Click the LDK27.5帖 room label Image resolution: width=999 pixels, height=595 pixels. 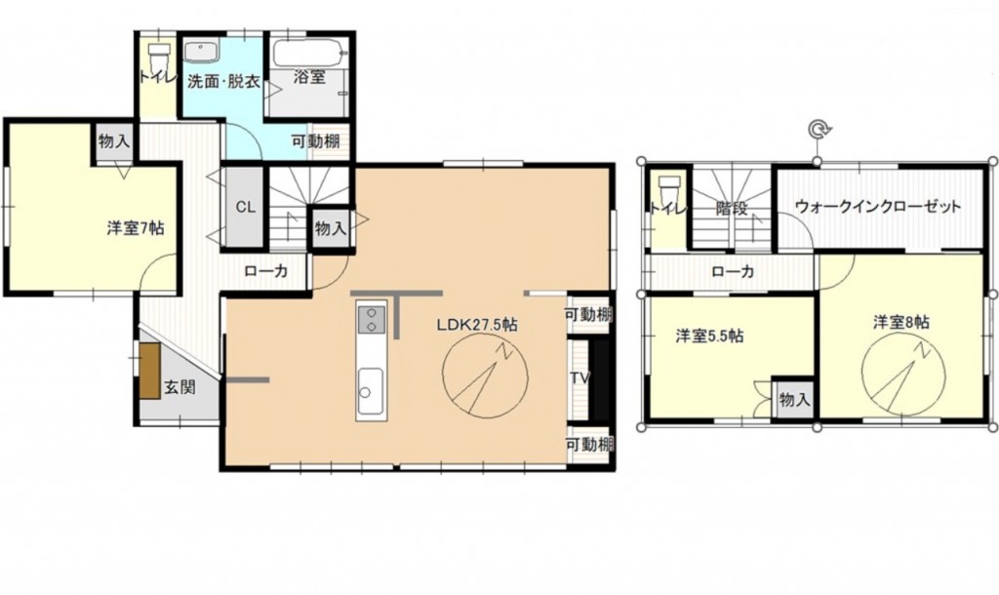coord(476,325)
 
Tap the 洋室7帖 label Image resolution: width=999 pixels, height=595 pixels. coord(135,227)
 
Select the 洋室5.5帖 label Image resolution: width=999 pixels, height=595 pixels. coord(709,336)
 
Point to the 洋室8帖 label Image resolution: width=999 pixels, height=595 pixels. coord(900,322)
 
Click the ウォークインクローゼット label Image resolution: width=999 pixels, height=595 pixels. coord(878,207)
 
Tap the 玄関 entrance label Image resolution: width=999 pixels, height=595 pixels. coord(180,386)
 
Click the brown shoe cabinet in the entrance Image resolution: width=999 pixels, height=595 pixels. coord(150,372)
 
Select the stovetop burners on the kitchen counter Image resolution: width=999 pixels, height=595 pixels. coord(371,319)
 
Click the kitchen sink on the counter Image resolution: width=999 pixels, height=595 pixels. coord(370,391)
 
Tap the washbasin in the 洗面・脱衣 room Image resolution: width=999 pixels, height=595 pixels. coord(202,51)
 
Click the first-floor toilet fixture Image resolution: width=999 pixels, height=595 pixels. coord(157,58)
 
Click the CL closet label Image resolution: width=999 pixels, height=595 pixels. coord(245,207)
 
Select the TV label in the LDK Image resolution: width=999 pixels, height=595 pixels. coord(579,377)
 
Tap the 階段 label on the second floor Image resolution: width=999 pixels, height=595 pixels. coord(732,209)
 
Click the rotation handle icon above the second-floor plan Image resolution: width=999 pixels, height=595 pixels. coord(818,130)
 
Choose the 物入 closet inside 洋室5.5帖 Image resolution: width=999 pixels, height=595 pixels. coord(794,399)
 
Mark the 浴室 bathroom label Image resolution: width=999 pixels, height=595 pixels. coord(309,77)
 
